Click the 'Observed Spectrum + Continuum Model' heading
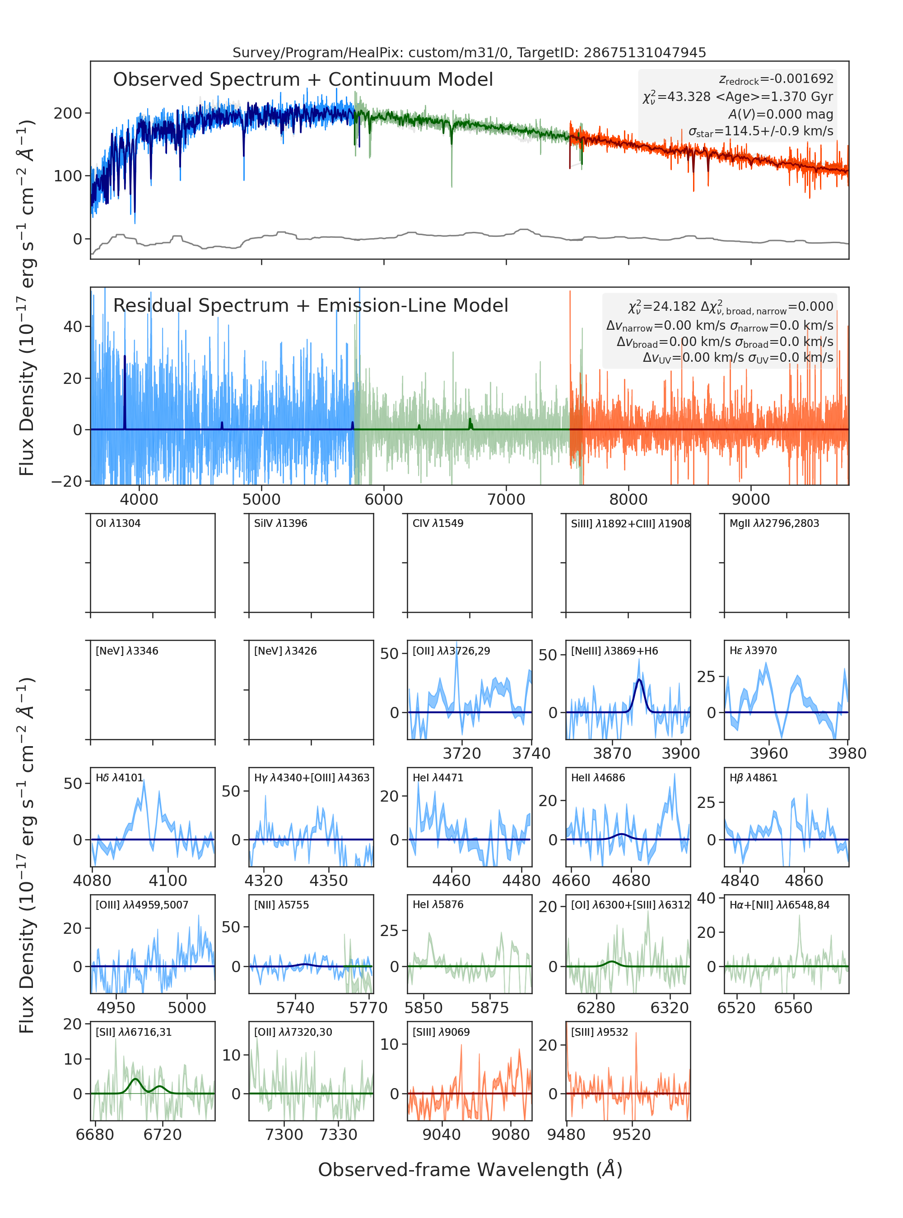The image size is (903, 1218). point(303,80)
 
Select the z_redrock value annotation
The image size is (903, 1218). point(776,79)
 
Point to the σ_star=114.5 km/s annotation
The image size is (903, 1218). point(761,131)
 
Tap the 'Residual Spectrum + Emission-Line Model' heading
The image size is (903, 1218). point(311,305)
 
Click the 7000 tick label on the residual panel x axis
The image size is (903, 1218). point(506,499)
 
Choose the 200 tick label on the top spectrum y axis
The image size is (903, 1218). point(68,113)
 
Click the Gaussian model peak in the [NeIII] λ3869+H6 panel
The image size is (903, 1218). point(639,679)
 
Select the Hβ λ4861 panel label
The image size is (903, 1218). point(753,778)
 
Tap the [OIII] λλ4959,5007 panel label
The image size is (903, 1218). point(142,905)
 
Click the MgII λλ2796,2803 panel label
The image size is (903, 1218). point(774,523)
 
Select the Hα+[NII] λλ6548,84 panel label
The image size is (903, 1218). point(779,905)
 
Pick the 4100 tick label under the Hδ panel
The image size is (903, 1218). point(168,881)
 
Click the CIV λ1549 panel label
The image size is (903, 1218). point(438,523)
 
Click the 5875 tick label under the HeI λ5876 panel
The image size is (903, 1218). point(490,1008)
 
